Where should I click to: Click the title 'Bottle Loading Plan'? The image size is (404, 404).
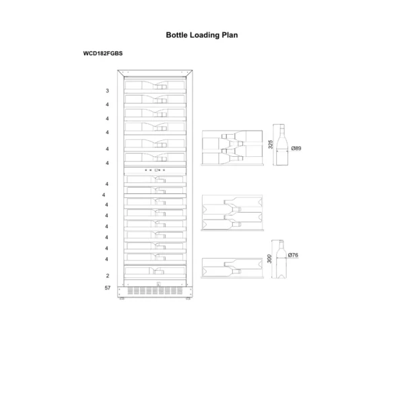202,34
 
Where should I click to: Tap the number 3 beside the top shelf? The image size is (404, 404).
107,90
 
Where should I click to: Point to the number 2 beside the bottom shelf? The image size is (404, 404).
107,276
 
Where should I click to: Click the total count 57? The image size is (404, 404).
107,288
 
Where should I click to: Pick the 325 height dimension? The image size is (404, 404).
270,146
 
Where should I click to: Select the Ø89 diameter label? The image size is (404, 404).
296,148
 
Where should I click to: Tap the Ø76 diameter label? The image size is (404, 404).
293,256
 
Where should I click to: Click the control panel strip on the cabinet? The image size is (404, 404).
155,171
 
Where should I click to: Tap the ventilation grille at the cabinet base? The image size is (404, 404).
155,292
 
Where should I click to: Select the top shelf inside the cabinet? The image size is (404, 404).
155,85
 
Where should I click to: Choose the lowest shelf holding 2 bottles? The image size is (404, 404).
155,271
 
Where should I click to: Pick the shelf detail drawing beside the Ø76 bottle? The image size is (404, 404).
232,267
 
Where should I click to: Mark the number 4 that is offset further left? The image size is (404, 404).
104,195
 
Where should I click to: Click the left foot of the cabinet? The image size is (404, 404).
121,300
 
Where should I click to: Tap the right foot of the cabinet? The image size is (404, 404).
189,300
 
